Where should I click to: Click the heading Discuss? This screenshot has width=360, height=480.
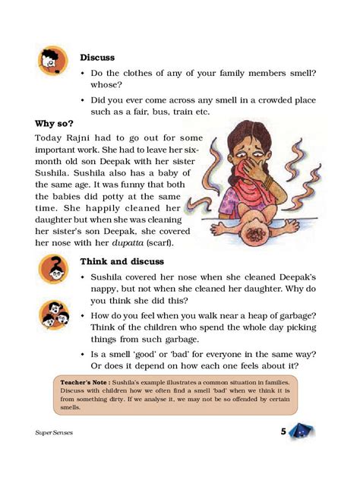click(x=96, y=57)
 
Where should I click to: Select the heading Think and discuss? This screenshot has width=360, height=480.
click(x=117, y=261)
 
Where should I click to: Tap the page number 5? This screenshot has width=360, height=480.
click(x=283, y=432)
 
